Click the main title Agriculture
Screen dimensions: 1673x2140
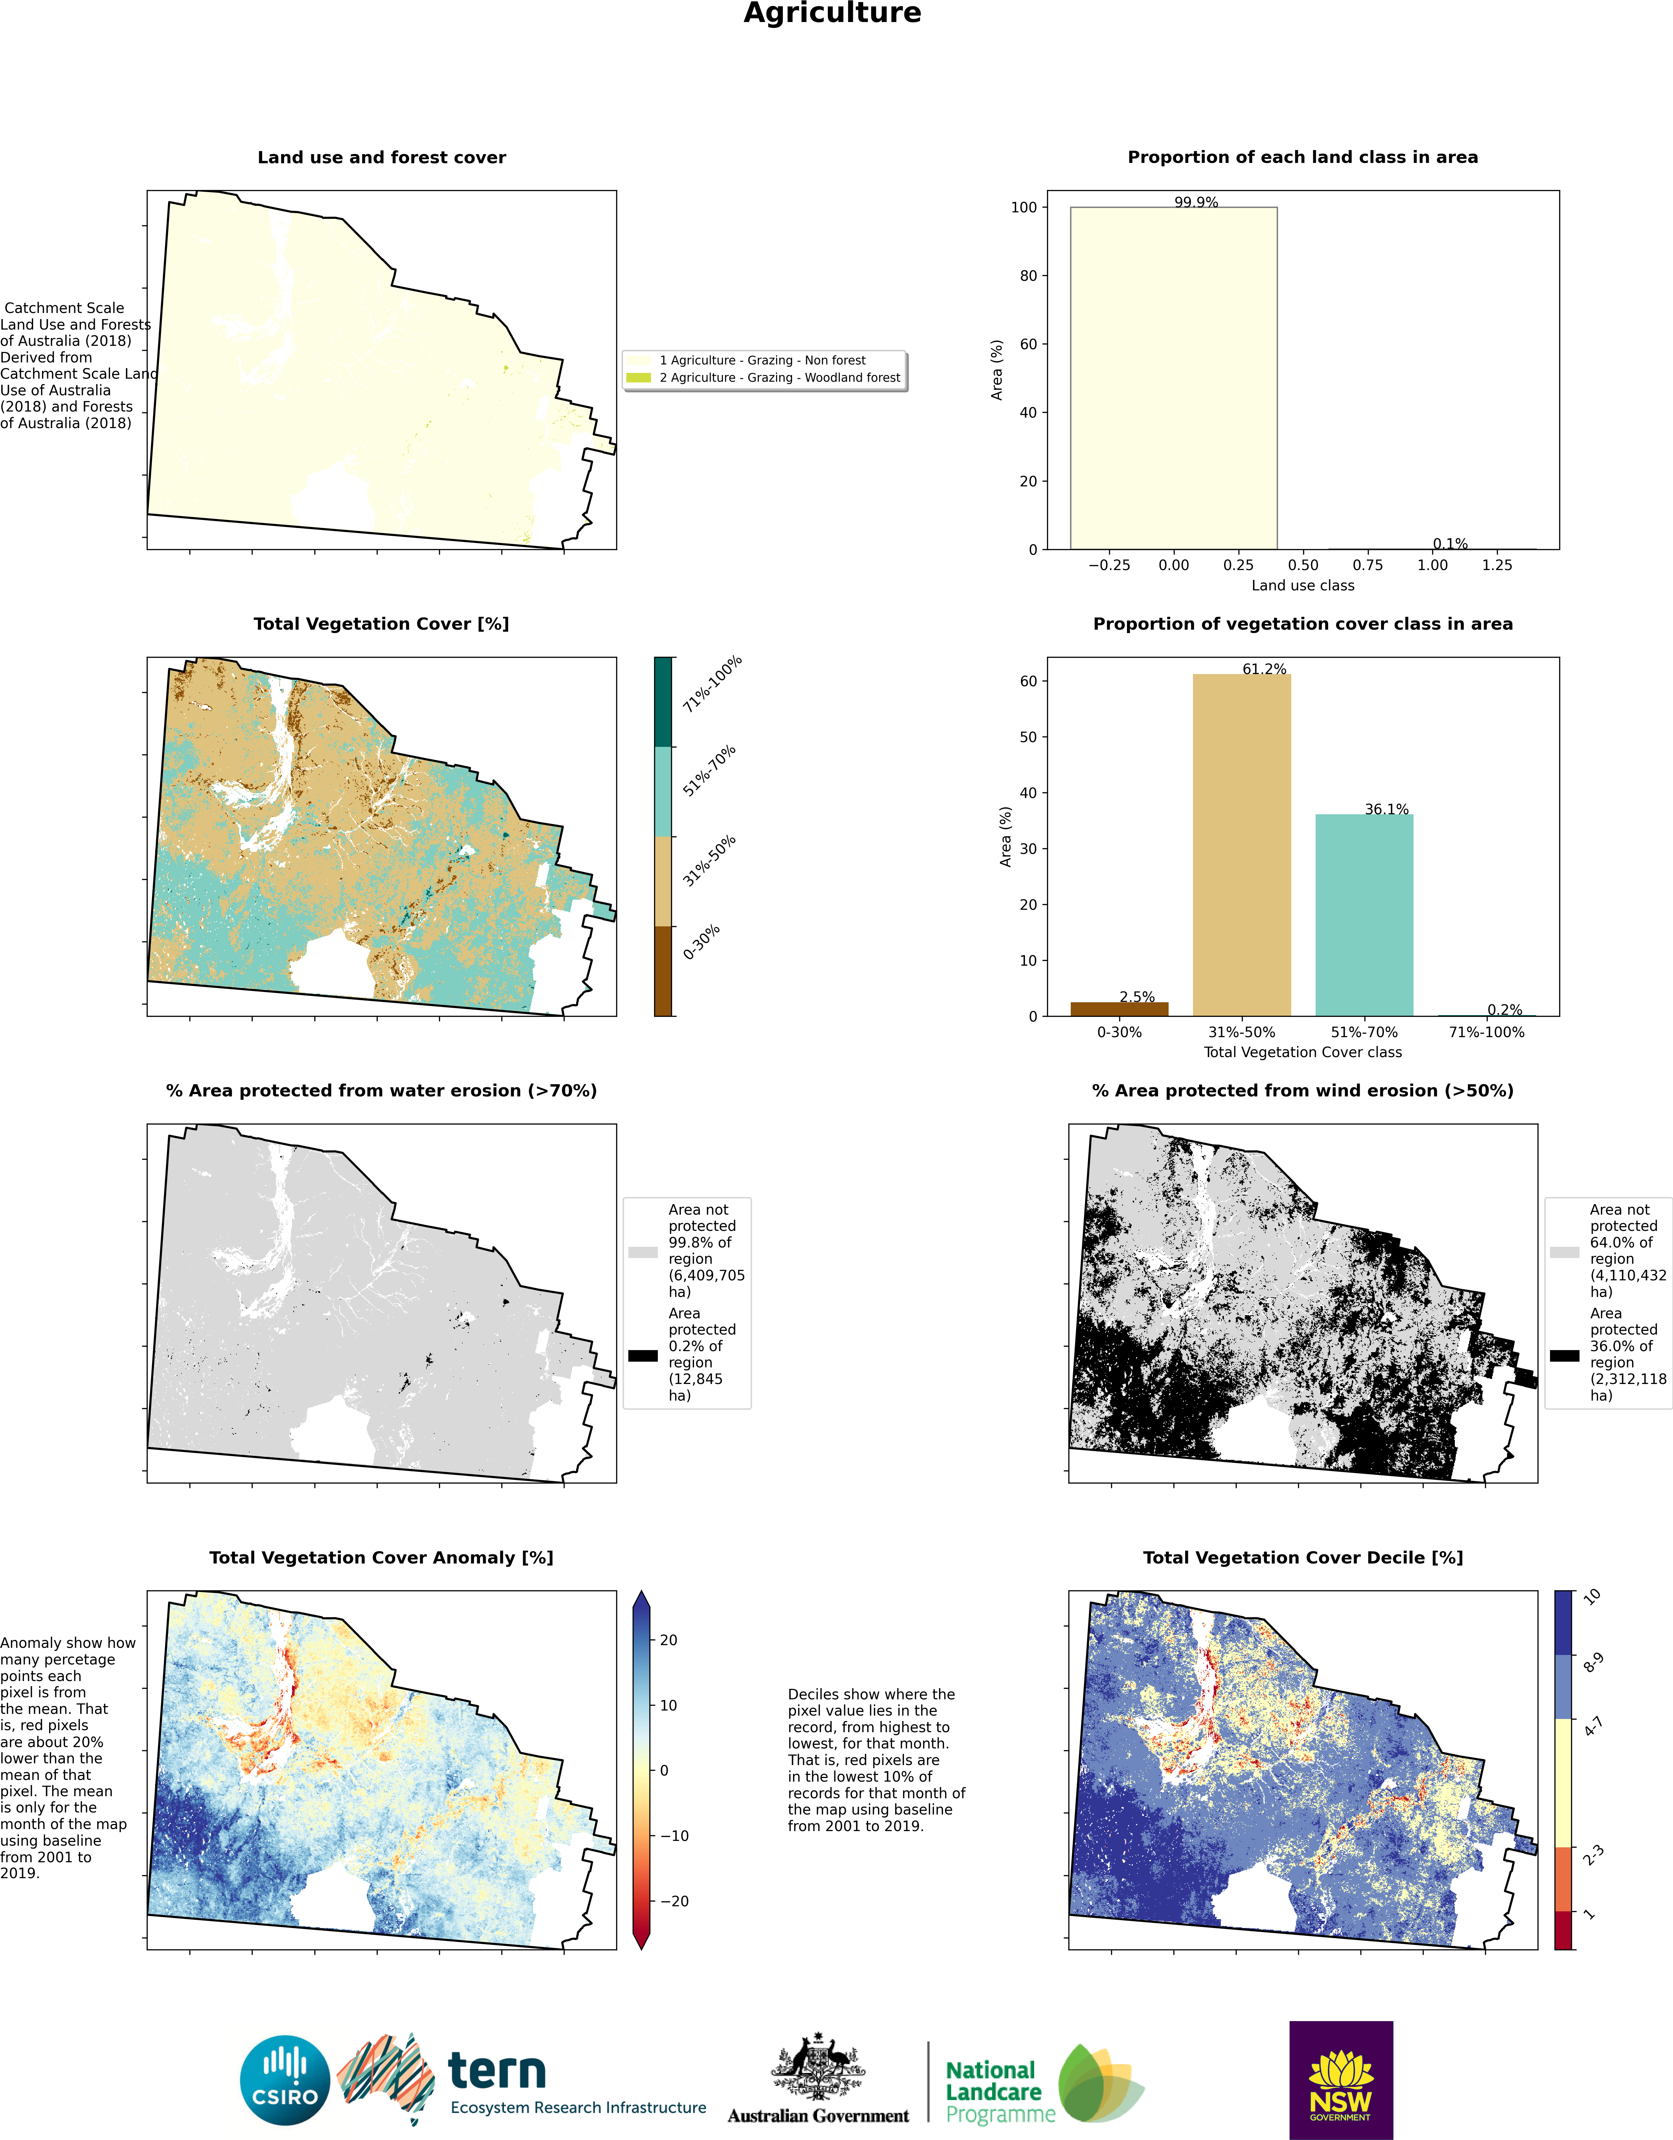[x=832, y=14]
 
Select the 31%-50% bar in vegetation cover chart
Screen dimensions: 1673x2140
[x=1242, y=845]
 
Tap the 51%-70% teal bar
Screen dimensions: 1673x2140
[x=1364, y=915]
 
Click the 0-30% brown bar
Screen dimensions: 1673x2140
[x=1119, y=1009]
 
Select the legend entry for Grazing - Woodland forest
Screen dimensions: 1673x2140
[x=764, y=377]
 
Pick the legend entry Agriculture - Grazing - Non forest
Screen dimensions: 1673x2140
[x=747, y=361]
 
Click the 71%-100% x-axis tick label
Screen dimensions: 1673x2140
[x=1487, y=1032]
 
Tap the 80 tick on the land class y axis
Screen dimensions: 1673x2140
[x=1028, y=275]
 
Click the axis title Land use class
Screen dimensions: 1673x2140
[x=1302, y=585]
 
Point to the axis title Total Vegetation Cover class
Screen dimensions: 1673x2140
[x=1302, y=1052]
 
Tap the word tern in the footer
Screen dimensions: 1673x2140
[x=497, y=2071]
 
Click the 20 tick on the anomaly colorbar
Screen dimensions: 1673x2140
[x=668, y=1640]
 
